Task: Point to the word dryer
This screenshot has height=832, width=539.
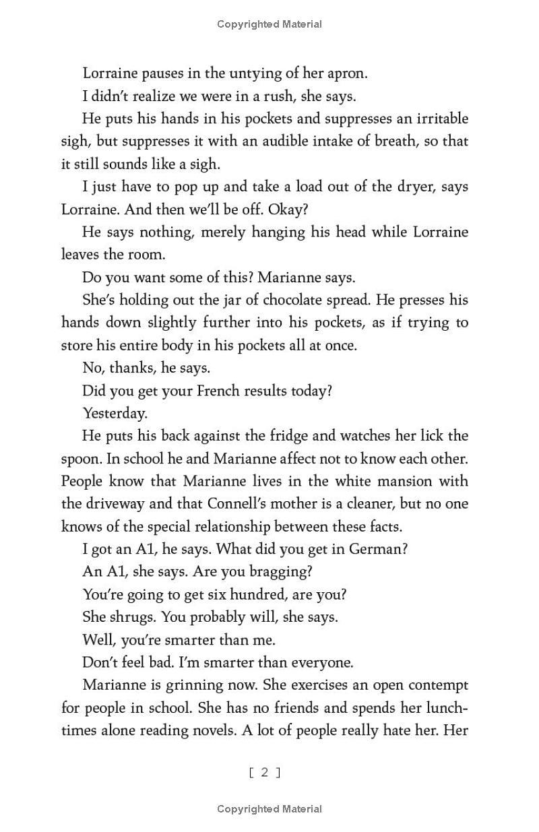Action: [x=406, y=187]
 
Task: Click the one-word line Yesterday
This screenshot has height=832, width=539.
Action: [x=115, y=413]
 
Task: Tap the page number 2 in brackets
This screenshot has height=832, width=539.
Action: [x=265, y=772]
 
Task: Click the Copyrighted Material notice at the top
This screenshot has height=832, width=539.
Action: [x=269, y=24]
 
